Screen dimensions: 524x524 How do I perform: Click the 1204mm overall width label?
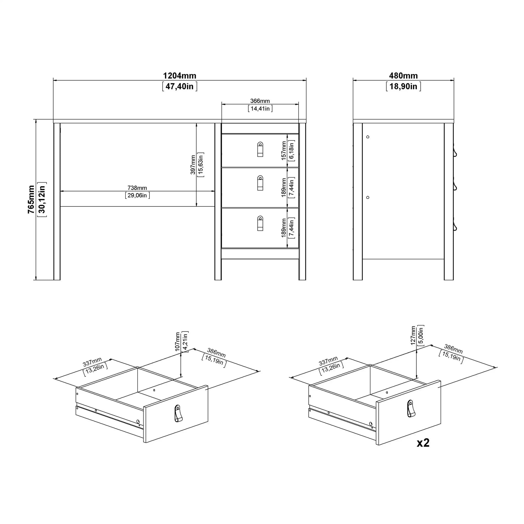point(179,76)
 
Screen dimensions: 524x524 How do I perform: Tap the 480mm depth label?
point(403,76)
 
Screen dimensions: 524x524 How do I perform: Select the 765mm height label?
point(31,199)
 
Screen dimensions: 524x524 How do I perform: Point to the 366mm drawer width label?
point(260,101)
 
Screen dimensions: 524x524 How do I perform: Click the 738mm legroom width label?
point(137,188)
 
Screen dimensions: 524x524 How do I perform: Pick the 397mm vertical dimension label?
point(193,165)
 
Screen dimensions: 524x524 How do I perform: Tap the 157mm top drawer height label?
point(284,151)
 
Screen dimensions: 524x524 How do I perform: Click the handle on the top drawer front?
point(260,149)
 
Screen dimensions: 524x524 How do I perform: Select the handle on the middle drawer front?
point(260,183)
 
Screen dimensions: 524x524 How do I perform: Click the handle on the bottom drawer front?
point(260,223)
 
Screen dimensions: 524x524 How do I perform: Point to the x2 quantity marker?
point(423,443)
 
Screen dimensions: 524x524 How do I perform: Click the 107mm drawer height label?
point(178,341)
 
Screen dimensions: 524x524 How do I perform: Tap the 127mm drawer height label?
point(413,336)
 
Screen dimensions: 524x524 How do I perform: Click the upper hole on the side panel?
point(368,137)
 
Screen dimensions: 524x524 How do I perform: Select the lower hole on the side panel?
point(368,197)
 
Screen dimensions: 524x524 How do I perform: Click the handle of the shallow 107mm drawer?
point(177,414)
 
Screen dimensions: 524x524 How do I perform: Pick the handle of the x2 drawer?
point(411,409)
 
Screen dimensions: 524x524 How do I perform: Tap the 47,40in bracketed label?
point(179,86)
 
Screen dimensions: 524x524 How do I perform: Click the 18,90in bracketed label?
point(403,86)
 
